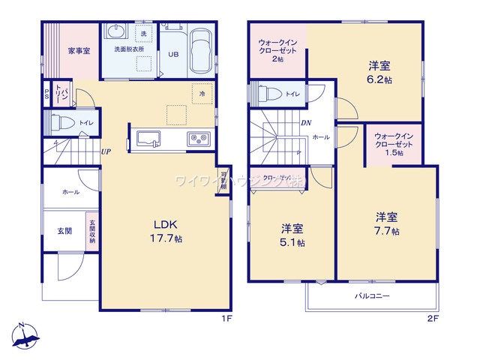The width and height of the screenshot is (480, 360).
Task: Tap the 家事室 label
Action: point(78,51)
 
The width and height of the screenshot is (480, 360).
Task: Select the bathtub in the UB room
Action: point(199,52)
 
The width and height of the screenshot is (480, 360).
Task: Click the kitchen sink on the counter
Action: point(148,139)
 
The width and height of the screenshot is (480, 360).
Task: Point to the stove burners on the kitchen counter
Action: point(199,139)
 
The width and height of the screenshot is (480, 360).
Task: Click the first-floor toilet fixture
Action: point(61,122)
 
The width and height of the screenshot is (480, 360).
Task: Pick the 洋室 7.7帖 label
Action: point(387,223)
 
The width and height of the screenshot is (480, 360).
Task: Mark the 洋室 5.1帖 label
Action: point(293,235)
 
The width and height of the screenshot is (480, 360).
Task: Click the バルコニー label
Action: point(373,297)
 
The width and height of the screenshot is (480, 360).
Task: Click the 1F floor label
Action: point(226,319)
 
